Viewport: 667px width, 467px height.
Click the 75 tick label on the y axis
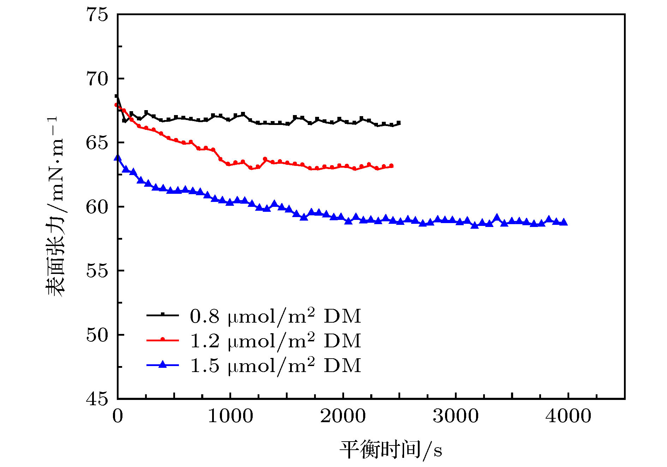[97, 15]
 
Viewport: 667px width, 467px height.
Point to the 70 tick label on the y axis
[97, 79]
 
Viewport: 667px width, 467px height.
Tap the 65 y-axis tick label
[97, 143]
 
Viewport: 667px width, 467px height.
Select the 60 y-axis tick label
[97, 207]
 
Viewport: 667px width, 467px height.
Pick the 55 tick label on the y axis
[97, 271]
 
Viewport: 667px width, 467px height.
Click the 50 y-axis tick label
[97, 335]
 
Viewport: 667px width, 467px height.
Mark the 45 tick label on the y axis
[97, 399]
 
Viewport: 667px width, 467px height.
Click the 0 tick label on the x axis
[118, 416]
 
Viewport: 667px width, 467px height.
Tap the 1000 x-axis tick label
[230, 416]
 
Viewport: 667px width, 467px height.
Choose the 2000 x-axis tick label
[343, 416]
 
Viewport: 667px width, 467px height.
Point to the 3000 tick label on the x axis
[456, 416]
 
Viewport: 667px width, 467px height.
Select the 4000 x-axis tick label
[568, 416]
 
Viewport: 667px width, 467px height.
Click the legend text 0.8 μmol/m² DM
[275, 316]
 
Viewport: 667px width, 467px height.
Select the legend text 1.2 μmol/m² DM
[275, 341]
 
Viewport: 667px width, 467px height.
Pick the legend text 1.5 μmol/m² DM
[275, 365]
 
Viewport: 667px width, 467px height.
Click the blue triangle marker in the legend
[162, 364]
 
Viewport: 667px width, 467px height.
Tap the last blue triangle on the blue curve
[564, 222]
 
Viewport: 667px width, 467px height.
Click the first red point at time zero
[116, 105]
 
